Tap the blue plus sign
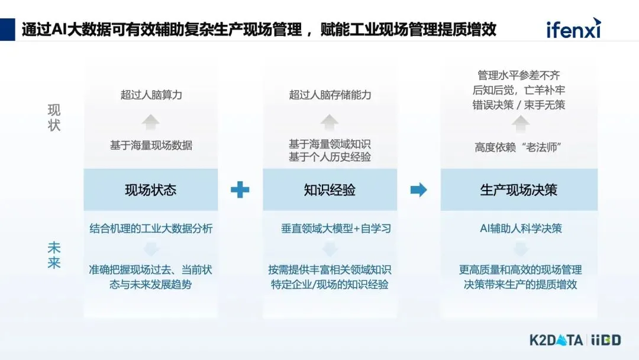[x=240, y=189]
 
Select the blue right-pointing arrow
[x=418, y=189]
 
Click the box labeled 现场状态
[x=150, y=189]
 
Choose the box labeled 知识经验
[x=330, y=189]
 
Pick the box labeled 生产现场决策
[x=518, y=189]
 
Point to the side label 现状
[x=54, y=118]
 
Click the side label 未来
[x=54, y=255]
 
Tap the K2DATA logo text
[x=556, y=340]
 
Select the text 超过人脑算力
[x=151, y=95]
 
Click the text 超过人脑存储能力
[x=330, y=95]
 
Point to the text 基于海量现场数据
[x=151, y=145]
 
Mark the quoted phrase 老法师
[x=538, y=147]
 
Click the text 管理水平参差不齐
[x=518, y=76]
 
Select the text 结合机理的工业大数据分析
[x=151, y=229]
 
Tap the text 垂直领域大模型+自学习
[x=335, y=229]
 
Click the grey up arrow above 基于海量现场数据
[x=151, y=122]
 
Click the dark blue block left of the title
[x=8, y=29]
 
